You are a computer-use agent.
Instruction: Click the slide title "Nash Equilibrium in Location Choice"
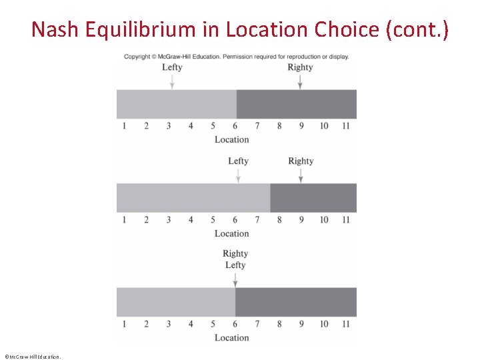240,29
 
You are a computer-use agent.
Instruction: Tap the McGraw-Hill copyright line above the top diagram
236,57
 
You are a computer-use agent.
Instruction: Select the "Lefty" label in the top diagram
172,67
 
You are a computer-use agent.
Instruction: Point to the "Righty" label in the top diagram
300,67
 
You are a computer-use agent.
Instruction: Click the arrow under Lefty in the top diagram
172,81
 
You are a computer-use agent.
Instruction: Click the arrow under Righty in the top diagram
300,81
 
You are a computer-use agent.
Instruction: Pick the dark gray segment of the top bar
297,104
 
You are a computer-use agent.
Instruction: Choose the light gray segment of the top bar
177,104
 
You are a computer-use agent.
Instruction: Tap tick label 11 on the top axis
345,126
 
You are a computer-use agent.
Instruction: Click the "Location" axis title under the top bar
231,139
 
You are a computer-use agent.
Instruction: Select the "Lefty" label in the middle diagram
238,161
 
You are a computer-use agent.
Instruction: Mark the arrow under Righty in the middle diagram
301,175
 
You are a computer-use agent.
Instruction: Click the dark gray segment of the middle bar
313,198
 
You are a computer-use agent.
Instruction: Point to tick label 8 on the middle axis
279,220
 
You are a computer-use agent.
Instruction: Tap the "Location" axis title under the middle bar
231,233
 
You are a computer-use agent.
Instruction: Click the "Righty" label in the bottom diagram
235,253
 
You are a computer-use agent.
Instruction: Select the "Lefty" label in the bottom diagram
235,265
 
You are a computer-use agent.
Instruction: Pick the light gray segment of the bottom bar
176,302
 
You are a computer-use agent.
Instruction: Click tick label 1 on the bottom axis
124,324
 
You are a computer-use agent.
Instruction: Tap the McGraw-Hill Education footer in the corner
32,357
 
